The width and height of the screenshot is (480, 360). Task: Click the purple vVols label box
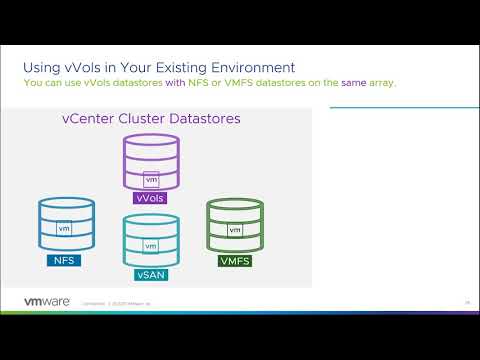[x=153, y=198]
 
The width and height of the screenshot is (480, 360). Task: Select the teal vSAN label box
[x=151, y=273]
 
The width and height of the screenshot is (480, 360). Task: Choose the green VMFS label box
[x=236, y=262]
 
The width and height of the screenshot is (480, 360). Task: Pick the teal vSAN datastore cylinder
[x=151, y=240]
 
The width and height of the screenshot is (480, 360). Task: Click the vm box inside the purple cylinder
[x=152, y=180]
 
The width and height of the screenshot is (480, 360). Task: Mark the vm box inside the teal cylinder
[x=151, y=246]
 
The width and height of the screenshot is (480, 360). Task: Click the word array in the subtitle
[x=381, y=82]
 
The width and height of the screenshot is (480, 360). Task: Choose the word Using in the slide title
[x=43, y=67]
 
